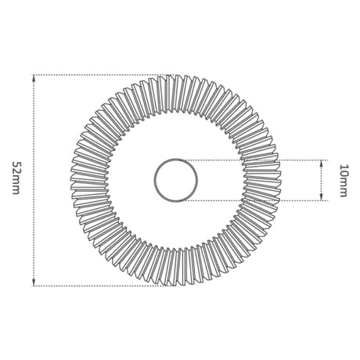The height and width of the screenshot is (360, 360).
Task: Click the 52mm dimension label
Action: click(x=16, y=178)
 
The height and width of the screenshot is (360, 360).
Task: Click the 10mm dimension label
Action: click(x=344, y=181)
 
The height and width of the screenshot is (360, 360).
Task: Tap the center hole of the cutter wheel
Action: click(x=175, y=180)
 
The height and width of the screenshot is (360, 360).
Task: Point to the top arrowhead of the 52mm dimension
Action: click(x=34, y=78)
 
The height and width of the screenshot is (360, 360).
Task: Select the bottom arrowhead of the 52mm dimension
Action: click(x=34, y=282)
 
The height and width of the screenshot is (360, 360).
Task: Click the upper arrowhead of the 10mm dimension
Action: click(x=322, y=164)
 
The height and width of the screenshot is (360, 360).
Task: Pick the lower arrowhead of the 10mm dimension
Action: click(x=322, y=197)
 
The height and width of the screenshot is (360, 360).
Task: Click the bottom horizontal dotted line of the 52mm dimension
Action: click(x=104, y=286)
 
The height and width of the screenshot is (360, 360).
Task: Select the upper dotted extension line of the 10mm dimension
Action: click(x=254, y=160)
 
